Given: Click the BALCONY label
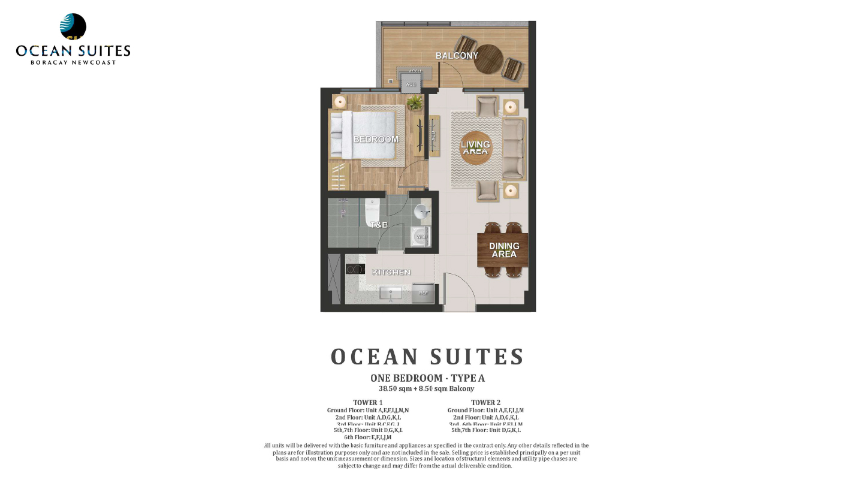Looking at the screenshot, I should coord(457,56).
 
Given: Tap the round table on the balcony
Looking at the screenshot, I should coord(488,59).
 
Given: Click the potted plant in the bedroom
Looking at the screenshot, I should coord(414,103).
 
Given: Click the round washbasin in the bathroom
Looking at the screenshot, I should coord(424,211).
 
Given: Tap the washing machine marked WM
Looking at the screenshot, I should coord(421,237).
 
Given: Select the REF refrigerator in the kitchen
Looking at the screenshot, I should coord(423,292).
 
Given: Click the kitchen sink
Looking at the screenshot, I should coord(391,293).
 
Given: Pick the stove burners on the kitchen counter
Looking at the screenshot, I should coord(355,269).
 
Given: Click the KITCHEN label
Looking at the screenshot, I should coord(391,272).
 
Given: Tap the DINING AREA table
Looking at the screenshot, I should coord(503,250).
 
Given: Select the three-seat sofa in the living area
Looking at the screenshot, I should coord(514,149).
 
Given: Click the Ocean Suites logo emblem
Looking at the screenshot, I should coord(73,27).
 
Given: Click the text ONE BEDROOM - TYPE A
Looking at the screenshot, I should coord(427,378).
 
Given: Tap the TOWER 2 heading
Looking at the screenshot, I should coord(485,403).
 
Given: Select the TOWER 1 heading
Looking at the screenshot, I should coord(368,403).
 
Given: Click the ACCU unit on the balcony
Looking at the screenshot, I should coord(415,71).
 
